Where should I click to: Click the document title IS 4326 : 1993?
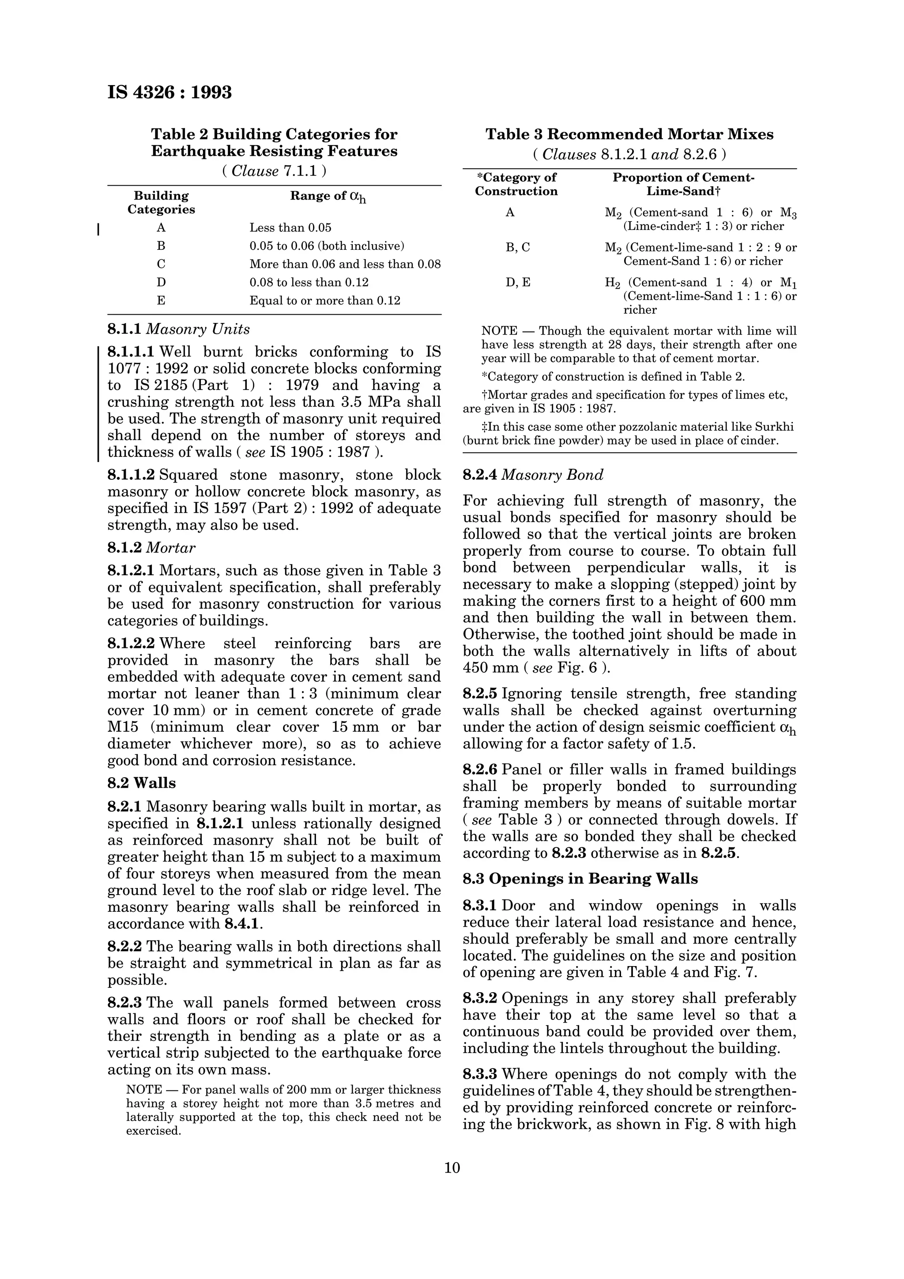169,92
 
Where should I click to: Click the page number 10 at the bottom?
452,1168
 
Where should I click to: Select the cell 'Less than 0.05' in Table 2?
290,228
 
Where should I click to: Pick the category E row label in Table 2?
161,301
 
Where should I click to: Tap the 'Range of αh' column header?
328,197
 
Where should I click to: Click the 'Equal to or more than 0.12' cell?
325,301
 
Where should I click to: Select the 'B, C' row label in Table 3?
517,247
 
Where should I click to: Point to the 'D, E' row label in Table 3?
517,282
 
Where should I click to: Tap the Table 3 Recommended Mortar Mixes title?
629,134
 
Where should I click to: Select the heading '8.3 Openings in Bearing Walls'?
580,879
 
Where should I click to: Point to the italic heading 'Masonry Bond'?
552,475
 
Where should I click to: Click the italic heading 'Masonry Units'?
198,329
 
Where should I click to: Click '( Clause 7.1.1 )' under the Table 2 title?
274,171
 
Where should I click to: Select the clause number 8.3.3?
480,1074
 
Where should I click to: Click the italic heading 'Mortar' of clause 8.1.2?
170,548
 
